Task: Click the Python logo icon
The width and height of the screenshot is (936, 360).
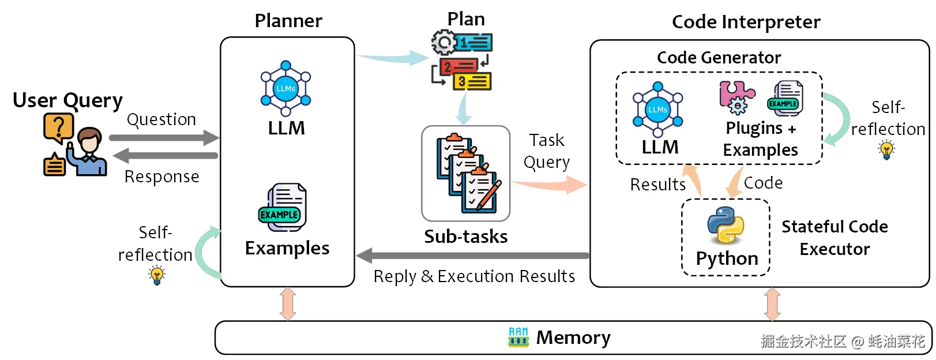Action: coord(726,226)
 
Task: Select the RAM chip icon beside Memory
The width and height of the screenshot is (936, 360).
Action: coord(518,337)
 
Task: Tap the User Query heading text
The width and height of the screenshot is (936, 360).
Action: coord(67,100)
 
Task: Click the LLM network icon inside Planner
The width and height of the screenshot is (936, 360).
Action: coord(285,88)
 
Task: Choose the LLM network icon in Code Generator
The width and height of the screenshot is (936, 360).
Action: coord(657,109)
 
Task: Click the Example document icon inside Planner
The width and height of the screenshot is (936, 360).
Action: coord(283,208)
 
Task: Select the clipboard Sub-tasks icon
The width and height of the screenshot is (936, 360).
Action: coord(467,173)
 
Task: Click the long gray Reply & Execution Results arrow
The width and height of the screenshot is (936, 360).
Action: coord(473,256)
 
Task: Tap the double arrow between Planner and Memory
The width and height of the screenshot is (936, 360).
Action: coord(288,304)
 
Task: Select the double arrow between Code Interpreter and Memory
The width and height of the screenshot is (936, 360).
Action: coord(772,304)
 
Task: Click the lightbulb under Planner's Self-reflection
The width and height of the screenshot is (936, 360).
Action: coord(157,275)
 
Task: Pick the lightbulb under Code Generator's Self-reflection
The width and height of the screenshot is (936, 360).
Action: coord(886,150)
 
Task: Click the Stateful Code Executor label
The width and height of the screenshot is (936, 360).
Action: coord(834,238)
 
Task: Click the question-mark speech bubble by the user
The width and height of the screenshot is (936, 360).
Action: coord(58,127)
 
